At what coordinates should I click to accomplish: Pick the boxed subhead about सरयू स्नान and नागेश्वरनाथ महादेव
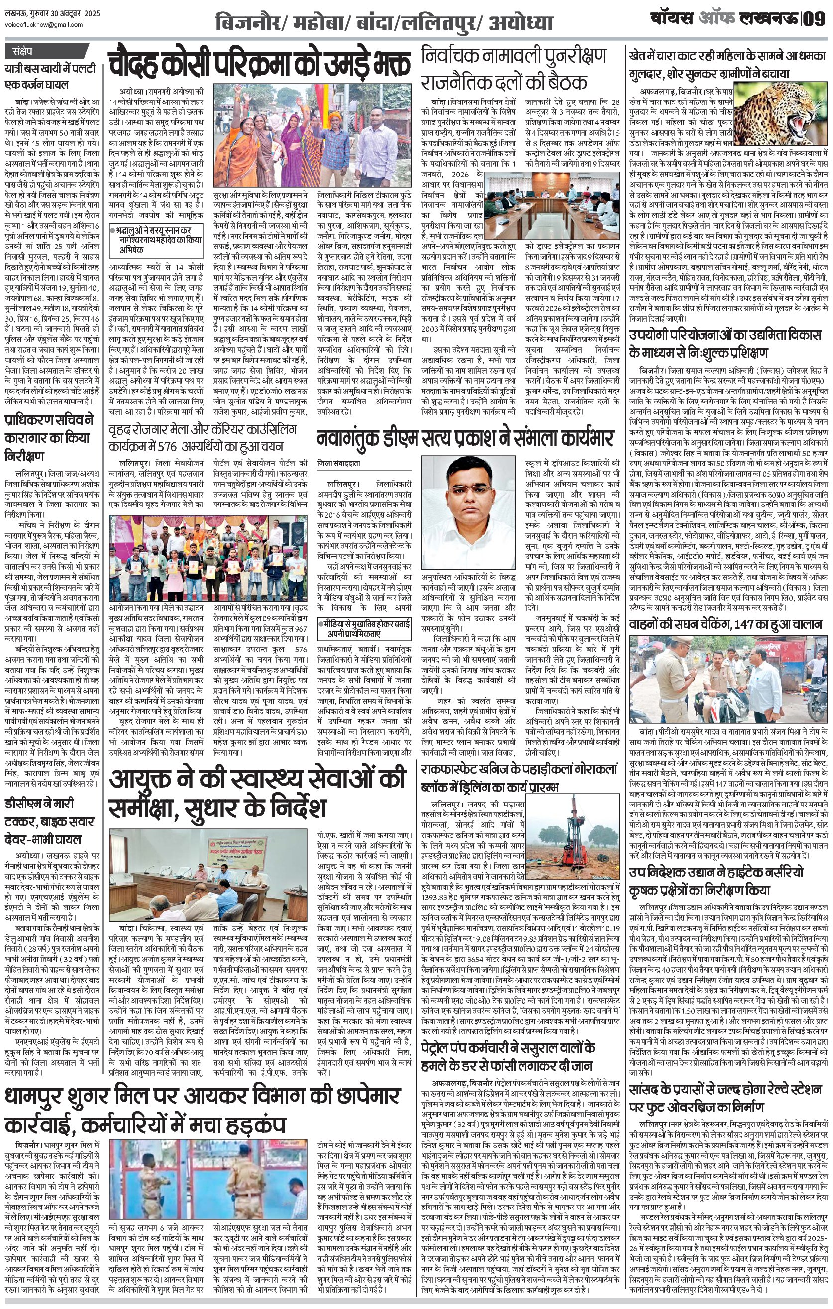(x=156, y=240)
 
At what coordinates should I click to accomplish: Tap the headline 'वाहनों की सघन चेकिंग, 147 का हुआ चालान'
(x=726, y=624)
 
